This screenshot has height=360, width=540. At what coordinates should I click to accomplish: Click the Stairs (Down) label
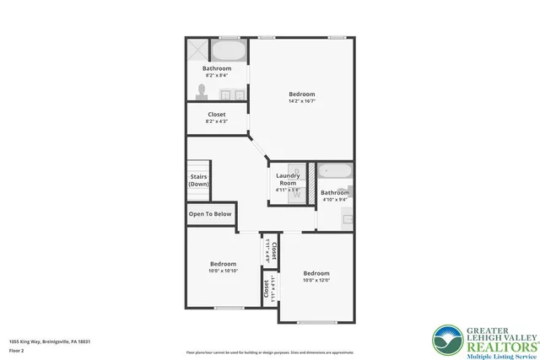pyautogui.click(x=199, y=180)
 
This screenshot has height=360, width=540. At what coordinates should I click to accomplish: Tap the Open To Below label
pyautogui.click(x=210, y=214)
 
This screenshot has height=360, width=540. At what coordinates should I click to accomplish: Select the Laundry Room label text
pyautogui.click(x=288, y=179)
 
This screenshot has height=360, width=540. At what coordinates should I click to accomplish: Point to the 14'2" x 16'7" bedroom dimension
pyautogui.click(x=301, y=102)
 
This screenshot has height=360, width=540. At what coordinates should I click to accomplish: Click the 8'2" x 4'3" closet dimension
pyautogui.click(x=216, y=121)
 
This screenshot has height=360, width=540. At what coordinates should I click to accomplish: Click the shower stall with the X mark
pyautogui.click(x=197, y=49)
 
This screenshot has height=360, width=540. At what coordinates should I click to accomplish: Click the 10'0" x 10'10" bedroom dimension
pyautogui.click(x=223, y=271)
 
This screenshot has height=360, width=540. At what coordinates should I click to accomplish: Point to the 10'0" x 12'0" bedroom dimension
pyautogui.click(x=316, y=281)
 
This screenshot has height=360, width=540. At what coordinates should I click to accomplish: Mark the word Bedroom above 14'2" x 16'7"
pyautogui.click(x=301, y=94)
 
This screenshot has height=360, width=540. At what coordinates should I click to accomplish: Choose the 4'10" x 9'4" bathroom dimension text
pyautogui.click(x=335, y=200)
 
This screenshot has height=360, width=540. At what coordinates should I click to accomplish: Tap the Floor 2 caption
pyautogui.click(x=17, y=350)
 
